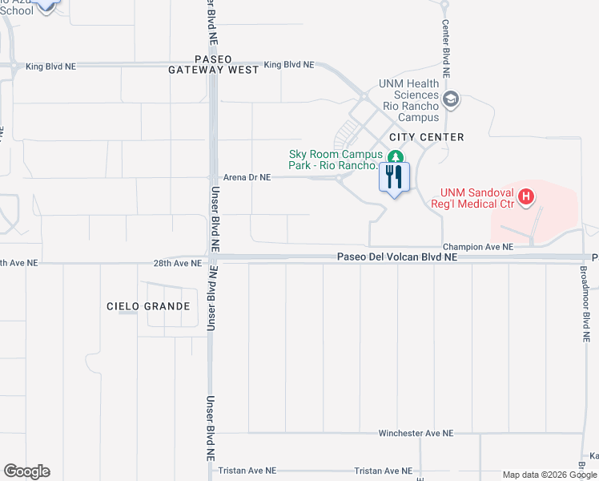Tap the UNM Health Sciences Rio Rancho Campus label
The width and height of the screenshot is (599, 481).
[x=411, y=95]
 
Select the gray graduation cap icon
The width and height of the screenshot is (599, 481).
[x=451, y=99]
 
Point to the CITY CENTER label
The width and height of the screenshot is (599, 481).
[x=428, y=137]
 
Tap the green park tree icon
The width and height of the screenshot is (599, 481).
[x=394, y=156]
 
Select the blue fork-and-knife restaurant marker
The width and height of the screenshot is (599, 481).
[x=393, y=177]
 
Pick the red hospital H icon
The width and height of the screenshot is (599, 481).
[x=525, y=196]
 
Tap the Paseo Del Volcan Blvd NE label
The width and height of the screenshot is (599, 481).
[x=397, y=257]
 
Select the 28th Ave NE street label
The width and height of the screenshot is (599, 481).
[x=178, y=263]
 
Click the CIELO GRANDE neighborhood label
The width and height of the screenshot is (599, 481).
[x=148, y=306]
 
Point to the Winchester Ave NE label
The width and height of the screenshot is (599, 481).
[x=416, y=433]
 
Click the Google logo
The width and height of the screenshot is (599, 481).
[x=26, y=471]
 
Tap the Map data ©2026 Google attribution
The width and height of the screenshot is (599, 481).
[x=549, y=475]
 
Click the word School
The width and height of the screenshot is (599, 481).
[x=17, y=11]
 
